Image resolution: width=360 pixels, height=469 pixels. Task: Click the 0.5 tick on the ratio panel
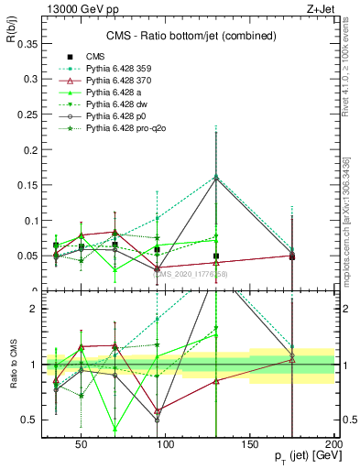coord(32,420)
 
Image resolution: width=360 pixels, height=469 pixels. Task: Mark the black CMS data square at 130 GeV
coord(216,256)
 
